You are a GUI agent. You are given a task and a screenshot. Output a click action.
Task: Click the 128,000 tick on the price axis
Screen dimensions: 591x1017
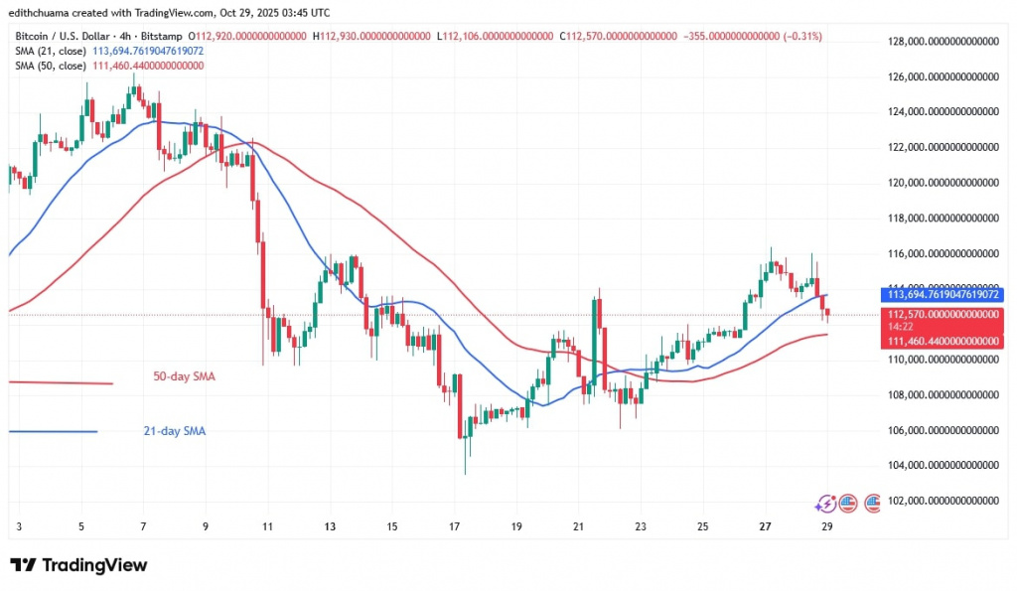pos(942,41)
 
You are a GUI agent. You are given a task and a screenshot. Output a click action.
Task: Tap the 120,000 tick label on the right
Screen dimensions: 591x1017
pos(942,183)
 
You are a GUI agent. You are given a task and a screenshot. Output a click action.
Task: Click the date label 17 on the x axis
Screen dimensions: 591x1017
pos(454,526)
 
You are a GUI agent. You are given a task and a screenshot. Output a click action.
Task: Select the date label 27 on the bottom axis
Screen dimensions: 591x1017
pos(765,526)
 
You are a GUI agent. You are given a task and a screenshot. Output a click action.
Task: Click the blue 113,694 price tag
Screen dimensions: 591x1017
pos(942,295)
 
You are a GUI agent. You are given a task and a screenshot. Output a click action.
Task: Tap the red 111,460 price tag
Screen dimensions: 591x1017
pos(942,341)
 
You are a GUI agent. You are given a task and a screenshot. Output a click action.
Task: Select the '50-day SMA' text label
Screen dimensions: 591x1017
pos(185,377)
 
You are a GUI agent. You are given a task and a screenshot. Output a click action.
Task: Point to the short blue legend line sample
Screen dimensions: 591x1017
pos(54,431)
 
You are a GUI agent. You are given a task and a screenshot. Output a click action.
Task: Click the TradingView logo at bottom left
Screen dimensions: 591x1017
pos(79,565)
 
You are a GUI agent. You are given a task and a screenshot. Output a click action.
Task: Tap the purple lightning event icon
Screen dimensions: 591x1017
pos(824,504)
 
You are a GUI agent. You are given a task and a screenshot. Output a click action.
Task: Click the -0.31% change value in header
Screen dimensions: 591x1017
pos(804,36)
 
